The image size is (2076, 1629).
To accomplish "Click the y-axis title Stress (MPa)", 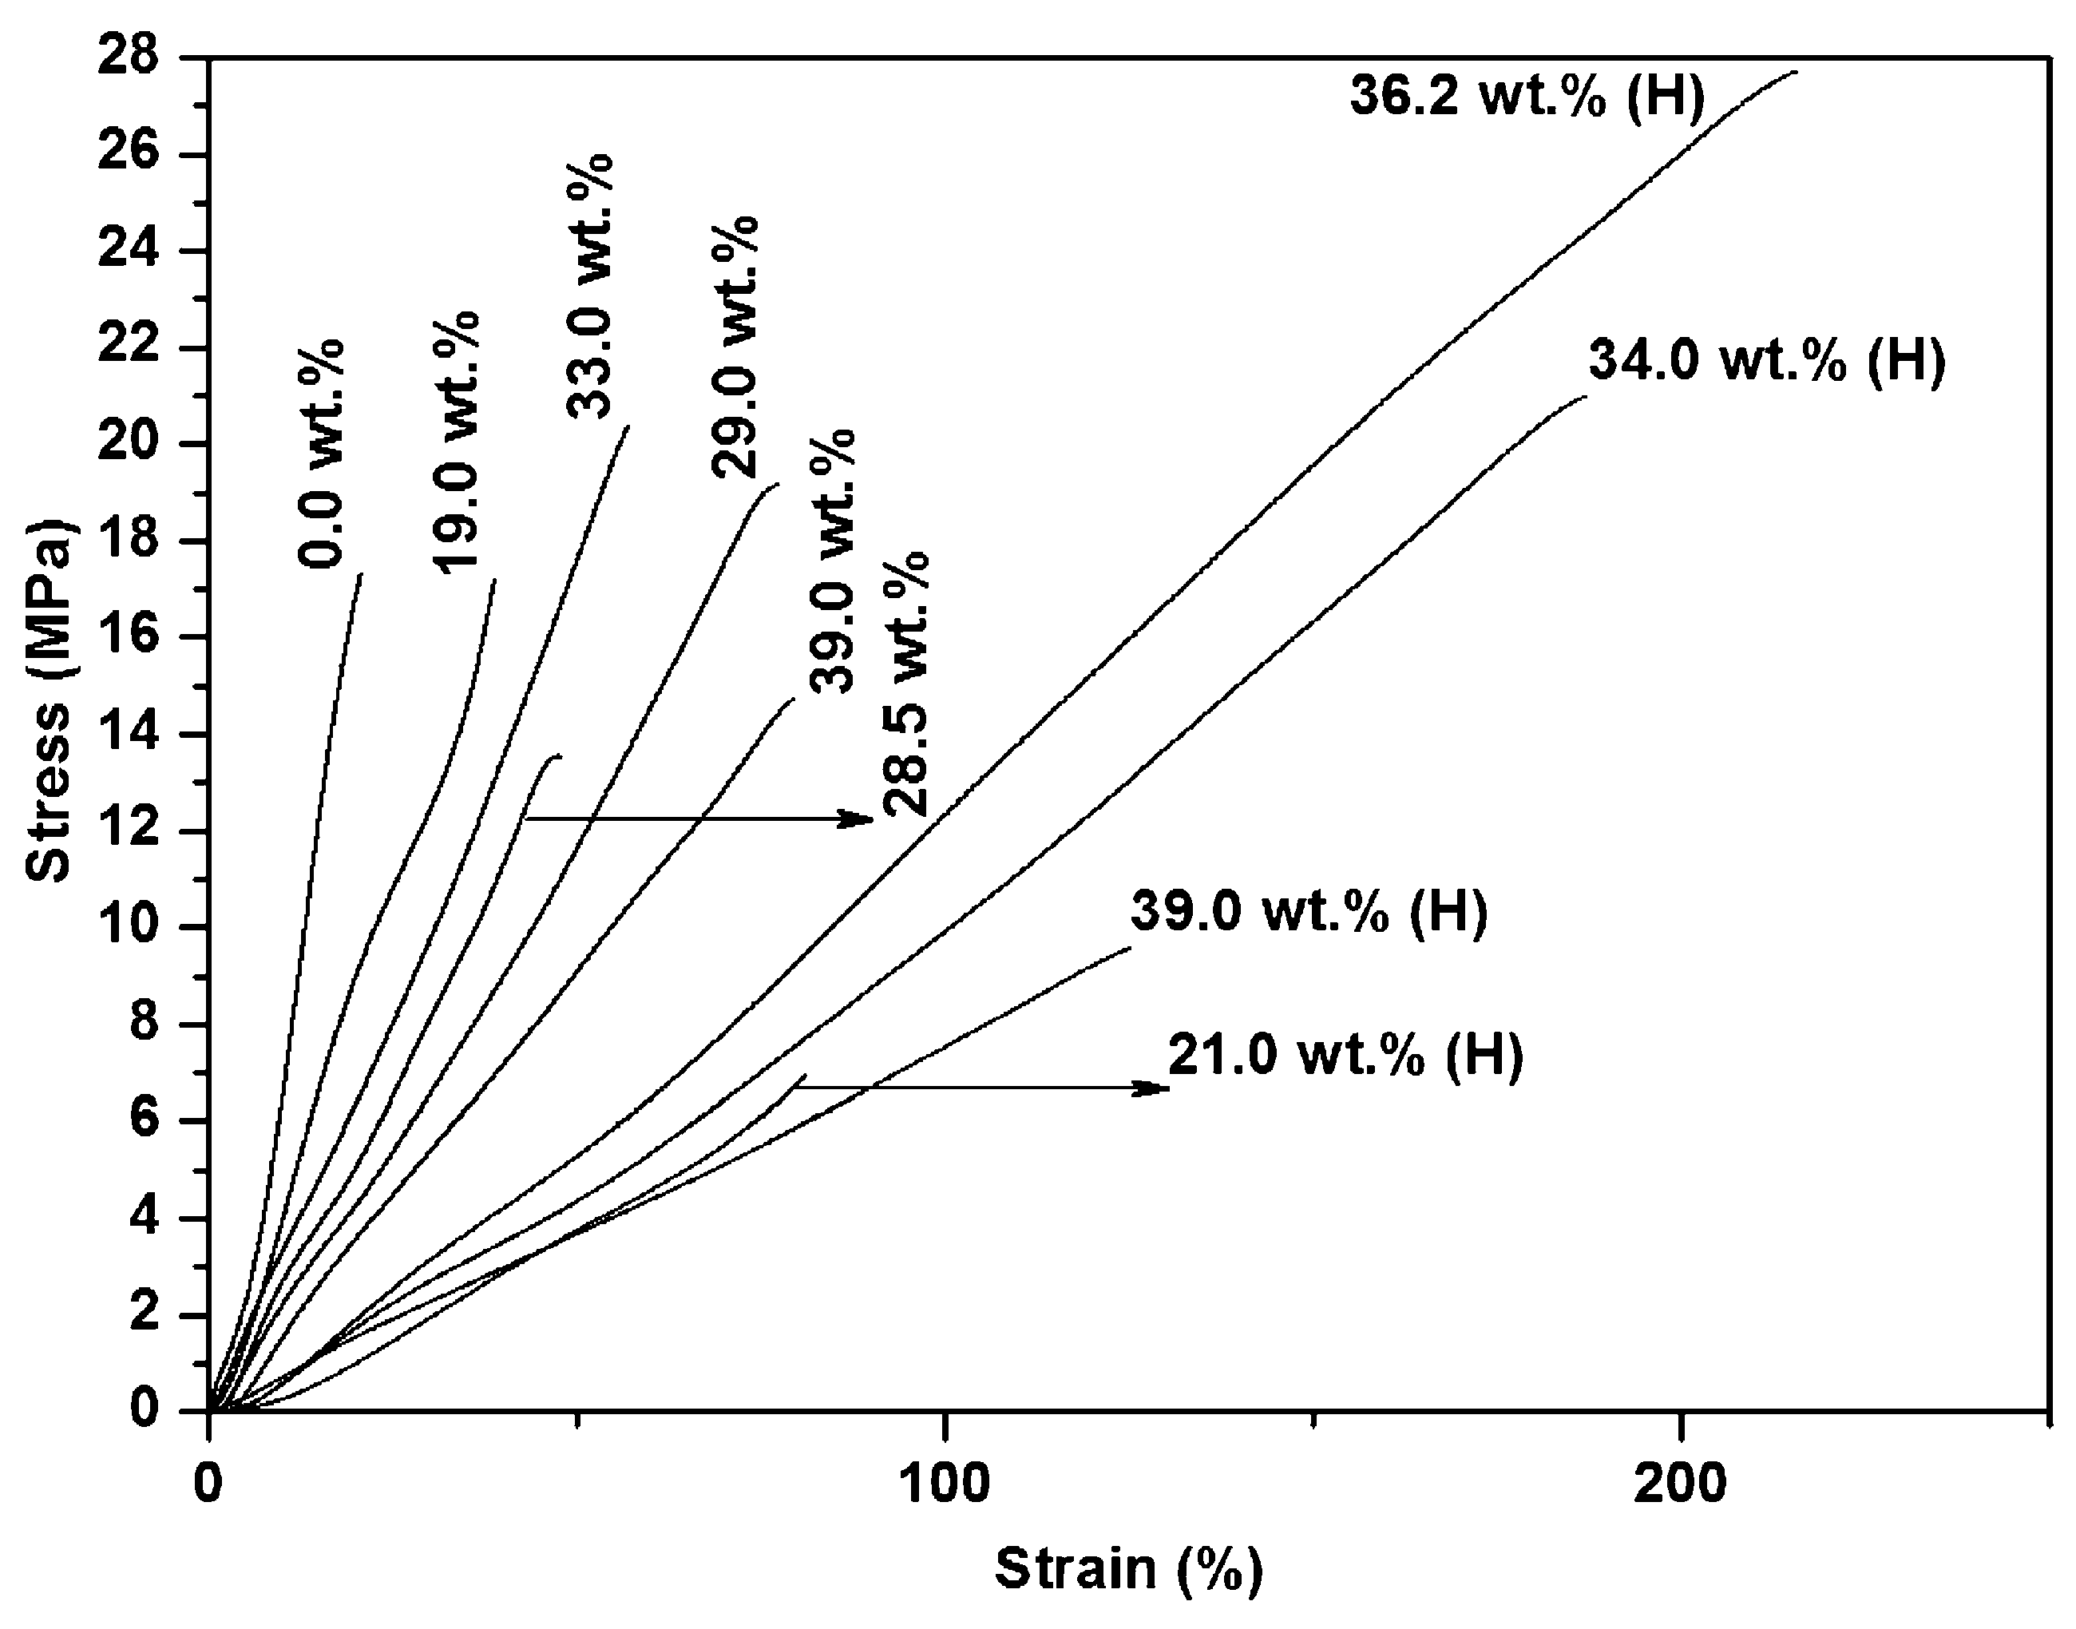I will (x=48, y=702).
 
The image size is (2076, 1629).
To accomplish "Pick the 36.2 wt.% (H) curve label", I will (x=1527, y=97).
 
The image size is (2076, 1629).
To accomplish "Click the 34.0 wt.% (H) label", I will (x=1766, y=363).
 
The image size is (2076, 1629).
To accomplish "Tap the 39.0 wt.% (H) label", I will (x=1309, y=912).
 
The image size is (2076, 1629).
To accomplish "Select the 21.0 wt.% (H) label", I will (x=1345, y=1056).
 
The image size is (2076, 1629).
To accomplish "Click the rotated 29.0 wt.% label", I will (x=735, y=347).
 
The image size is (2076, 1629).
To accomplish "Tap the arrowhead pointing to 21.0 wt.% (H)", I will (x=1155, y=1088).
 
